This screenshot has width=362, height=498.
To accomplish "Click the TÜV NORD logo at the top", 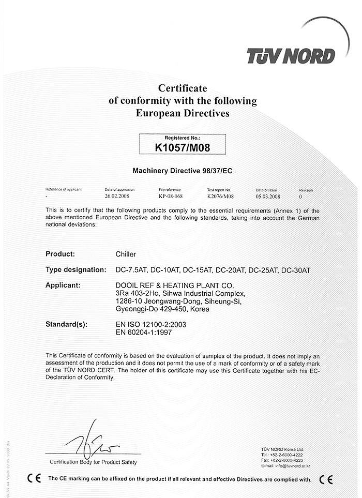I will [291, 55].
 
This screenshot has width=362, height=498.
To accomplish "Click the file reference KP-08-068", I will [171, 197].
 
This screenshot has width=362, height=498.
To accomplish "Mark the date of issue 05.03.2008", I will [268, 197].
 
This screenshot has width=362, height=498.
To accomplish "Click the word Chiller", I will [126, 254].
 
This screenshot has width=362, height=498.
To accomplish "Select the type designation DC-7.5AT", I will [132, 270].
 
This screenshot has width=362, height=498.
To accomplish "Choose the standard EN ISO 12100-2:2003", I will [151, 324].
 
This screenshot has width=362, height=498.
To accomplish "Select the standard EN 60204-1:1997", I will [144, 333].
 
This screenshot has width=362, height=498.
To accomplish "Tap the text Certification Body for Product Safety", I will [93, 462].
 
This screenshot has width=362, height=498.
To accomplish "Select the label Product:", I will [61, 254].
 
